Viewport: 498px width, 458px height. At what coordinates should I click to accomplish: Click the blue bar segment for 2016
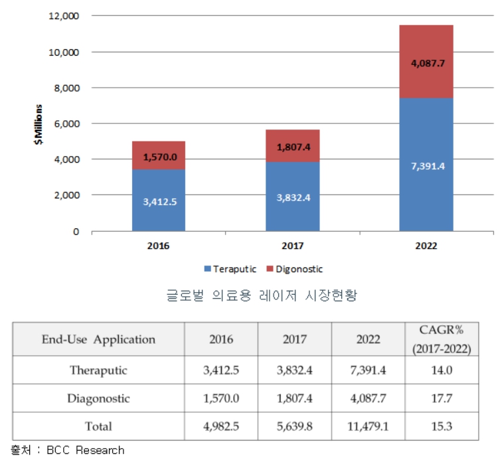(158, 200)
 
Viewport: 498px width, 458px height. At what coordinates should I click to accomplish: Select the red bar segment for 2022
(426, 61)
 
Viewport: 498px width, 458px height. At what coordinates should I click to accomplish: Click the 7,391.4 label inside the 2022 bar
(426, 166)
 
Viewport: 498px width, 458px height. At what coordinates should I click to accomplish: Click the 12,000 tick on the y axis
(64, 15)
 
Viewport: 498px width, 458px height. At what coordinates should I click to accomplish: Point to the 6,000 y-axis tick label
(66, 123)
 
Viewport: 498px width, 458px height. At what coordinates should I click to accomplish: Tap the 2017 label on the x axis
(292, 246)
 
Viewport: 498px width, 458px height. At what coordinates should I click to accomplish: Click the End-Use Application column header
(98, 339)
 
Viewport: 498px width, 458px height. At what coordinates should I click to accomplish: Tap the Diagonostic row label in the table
(98, 398)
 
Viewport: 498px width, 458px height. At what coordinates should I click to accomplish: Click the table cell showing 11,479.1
(368, 427)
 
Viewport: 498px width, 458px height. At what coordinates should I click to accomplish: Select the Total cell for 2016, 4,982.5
(221, 427)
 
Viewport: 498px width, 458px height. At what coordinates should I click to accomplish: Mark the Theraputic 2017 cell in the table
(294, 370)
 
